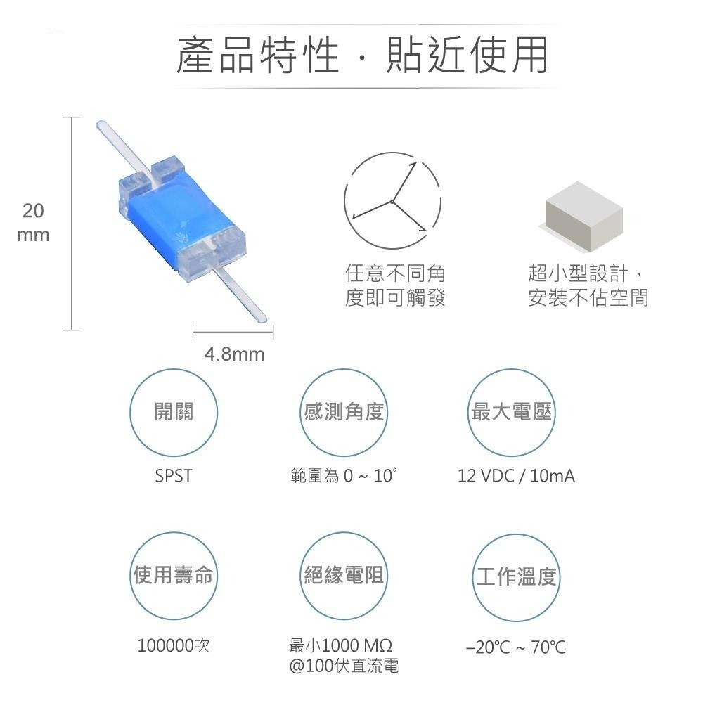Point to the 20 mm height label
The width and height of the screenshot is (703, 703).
pos(33,223)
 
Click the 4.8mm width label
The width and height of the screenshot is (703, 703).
pos(234,354)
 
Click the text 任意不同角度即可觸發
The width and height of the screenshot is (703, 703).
pos(395,285)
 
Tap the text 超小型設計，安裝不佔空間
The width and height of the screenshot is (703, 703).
pos(588,285)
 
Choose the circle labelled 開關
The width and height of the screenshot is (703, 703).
pos(173,412)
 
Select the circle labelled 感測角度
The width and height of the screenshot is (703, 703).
pos(344,412)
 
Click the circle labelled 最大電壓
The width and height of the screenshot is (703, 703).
pos(511,412)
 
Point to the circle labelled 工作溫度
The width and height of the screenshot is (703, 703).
pos(516,578)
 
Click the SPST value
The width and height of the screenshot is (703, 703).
pos(173,476)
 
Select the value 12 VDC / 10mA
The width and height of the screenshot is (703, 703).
pos(516,476)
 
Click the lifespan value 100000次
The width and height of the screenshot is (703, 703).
pos(173,645)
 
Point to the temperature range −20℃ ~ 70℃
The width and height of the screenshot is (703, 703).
pos(516,647)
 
